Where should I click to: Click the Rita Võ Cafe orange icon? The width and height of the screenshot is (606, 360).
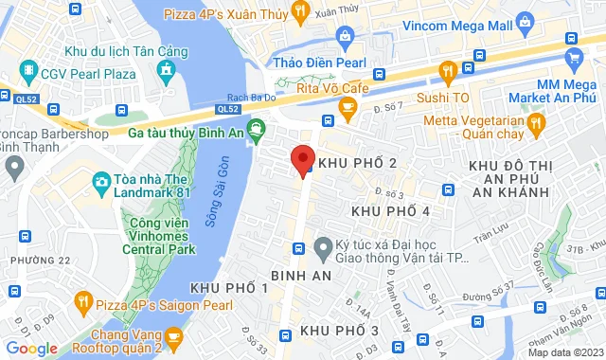click(348, 112)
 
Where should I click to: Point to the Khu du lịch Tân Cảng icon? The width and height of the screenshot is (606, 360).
click(167, 69)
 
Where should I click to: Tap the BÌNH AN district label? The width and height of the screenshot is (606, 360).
click(300, 276)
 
